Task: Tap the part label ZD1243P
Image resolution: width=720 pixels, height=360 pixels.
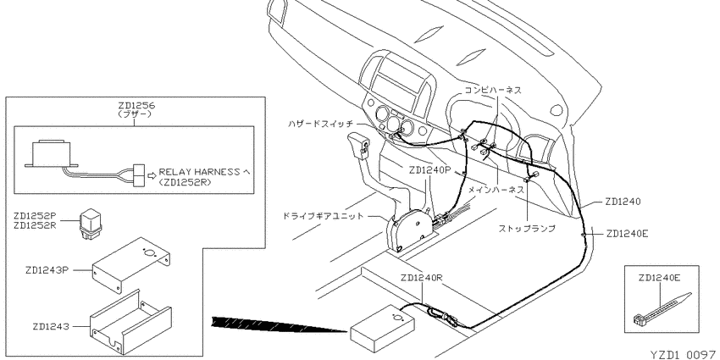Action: click(x=47, y=270)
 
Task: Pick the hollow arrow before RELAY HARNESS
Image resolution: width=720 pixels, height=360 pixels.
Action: click(x=152, y=174)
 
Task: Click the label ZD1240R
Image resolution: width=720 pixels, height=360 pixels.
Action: click(x=422, y=279)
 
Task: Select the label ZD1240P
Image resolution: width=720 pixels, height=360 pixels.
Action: click(x=429, y=170)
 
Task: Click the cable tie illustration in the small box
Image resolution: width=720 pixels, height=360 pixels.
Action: click(x=662, y=308)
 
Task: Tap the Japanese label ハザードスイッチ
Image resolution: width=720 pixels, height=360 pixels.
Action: click(x=321, y=124)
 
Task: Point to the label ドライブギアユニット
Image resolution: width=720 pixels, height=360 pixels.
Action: click(x=324, y=216)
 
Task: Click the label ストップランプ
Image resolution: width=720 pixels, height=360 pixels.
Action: click(x=527, y=228)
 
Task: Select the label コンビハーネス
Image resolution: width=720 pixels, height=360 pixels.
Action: click(x=493, y=90)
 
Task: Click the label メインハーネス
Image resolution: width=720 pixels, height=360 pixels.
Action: click(x=496, y=189)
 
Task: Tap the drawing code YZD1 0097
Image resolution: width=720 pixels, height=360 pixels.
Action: click(x=683, y=354)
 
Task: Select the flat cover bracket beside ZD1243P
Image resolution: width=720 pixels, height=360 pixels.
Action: click(x=132, y=265)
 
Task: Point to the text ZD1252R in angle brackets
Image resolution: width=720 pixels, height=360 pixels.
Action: click(x=187, y=182)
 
